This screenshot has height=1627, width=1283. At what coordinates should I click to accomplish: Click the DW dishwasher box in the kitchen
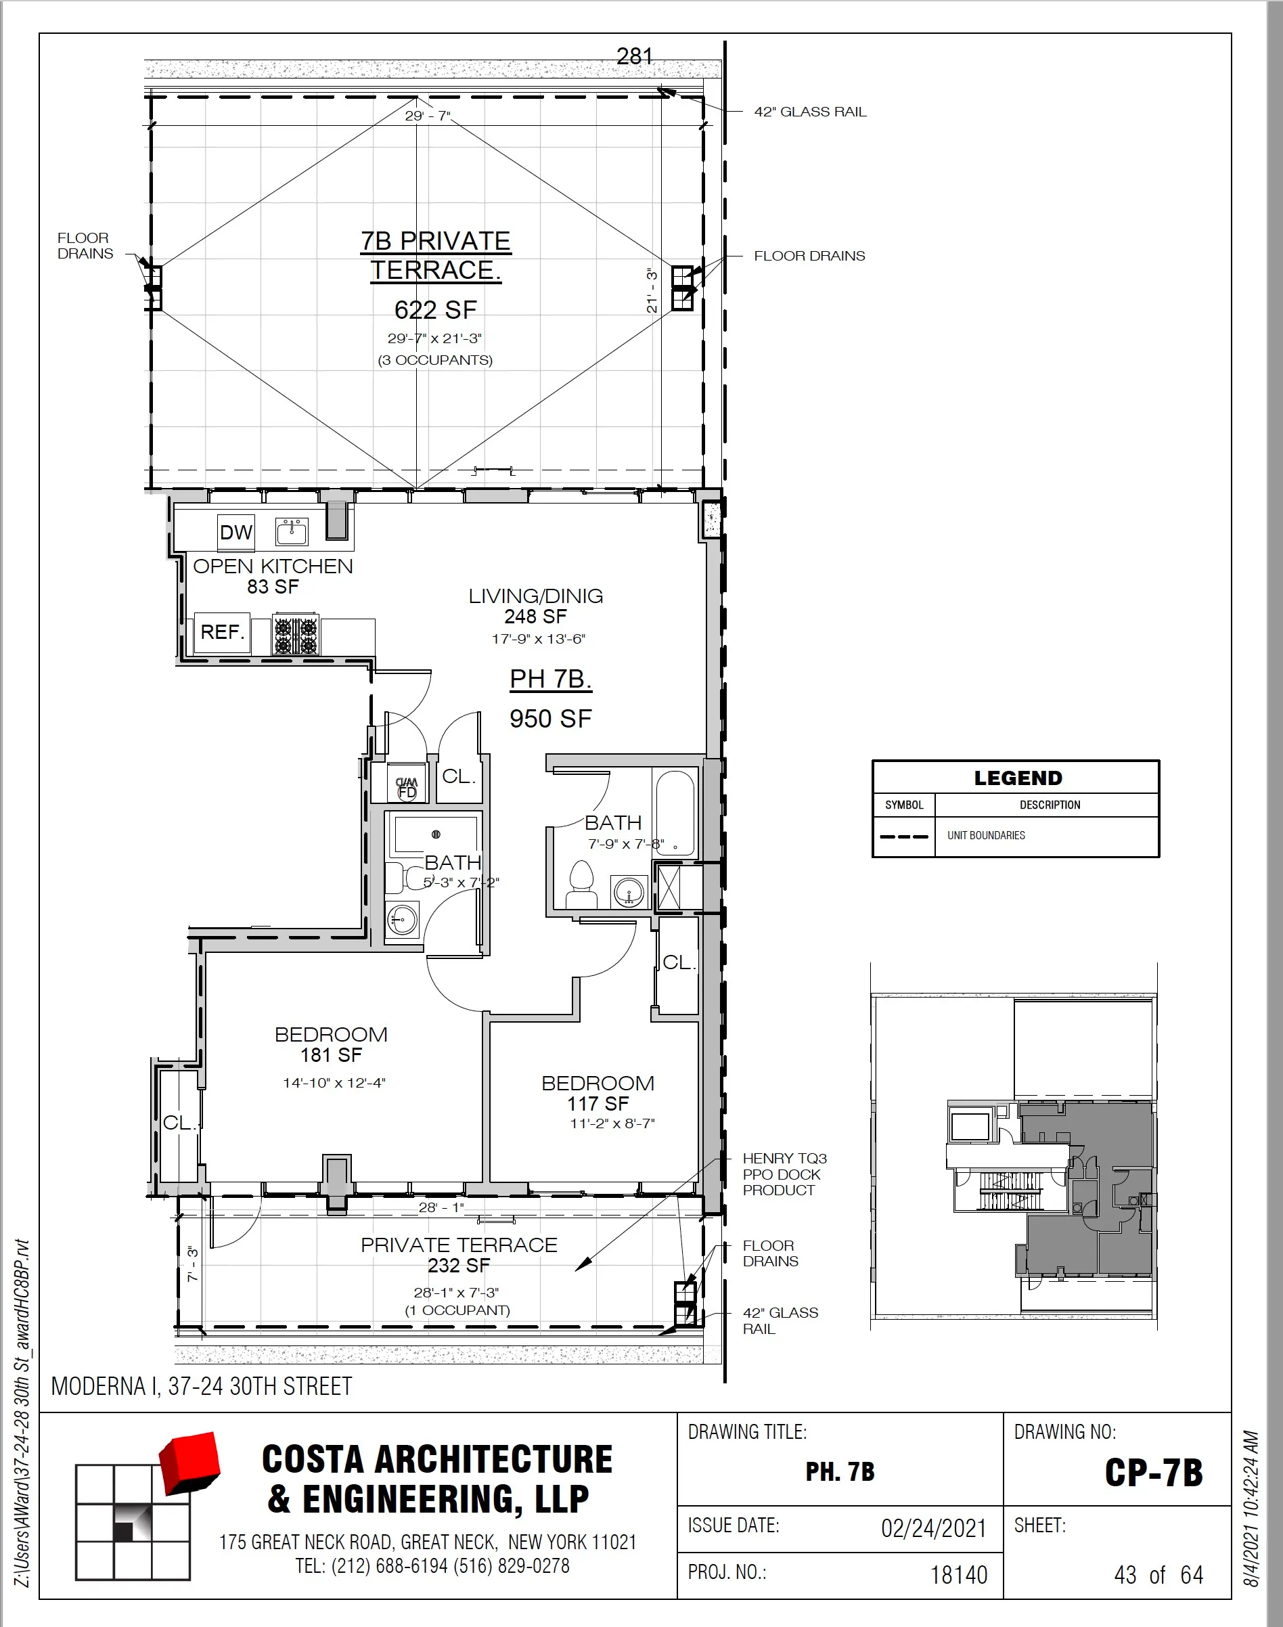(236, 533)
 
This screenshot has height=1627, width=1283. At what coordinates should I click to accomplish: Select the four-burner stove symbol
(295, 636)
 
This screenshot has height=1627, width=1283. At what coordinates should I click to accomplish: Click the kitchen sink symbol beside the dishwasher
(292, 532)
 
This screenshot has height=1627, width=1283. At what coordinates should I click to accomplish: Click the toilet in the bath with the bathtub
(581, 884)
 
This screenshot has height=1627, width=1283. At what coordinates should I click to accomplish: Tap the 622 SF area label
(436, 310)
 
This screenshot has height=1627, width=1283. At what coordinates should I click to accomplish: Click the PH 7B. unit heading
(551, 679)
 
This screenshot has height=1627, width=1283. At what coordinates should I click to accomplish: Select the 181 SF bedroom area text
(332, 1054)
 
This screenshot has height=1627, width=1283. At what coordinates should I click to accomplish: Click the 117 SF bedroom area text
(598, 1103)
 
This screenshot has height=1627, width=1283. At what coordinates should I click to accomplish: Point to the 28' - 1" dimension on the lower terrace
(441, 1207)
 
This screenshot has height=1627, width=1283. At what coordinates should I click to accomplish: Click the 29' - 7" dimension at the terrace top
(428, 116)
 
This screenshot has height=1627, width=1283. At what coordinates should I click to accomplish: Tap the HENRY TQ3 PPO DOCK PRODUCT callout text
(784, 1174)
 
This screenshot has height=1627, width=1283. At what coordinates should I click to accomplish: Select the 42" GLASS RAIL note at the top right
(810, 112)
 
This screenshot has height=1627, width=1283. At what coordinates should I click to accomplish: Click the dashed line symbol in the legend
(903, 836)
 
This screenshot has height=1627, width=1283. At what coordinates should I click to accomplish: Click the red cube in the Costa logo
(190, 1462)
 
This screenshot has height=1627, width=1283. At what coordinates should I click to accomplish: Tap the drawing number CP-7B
(1153, 1472)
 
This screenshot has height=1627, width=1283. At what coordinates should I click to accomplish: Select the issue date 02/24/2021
(933, 1528)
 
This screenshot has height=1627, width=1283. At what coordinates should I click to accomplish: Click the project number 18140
(958, 1574)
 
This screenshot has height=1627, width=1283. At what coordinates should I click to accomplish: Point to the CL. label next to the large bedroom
(179, 1122)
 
